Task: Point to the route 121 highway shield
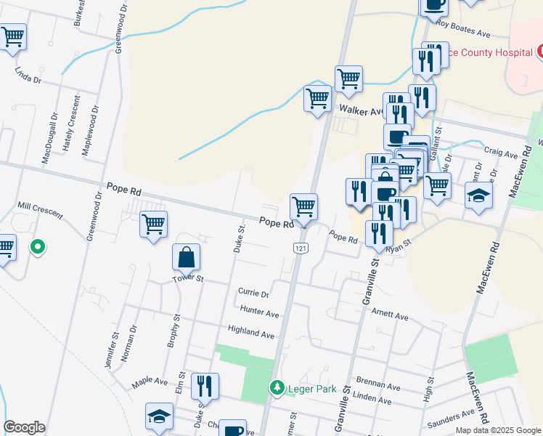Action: pos(299,249)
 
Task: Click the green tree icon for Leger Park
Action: pos(277,388)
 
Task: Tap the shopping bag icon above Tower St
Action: pos(187,256)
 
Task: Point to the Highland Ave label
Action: pos(251,334)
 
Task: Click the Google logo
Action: pos(24,427)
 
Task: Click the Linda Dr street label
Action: pos(28,76)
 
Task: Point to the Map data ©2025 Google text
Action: pos(498,429)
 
